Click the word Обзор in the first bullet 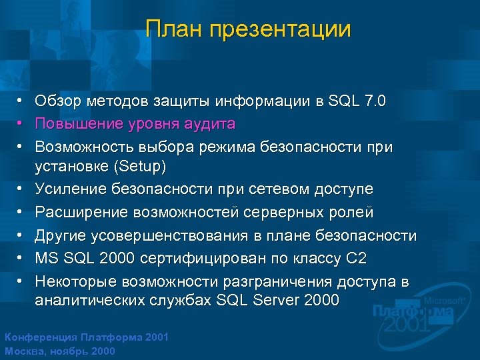point(57,101)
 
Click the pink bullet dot point(21,124)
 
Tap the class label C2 point(356,258)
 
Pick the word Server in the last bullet point(277,300)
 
